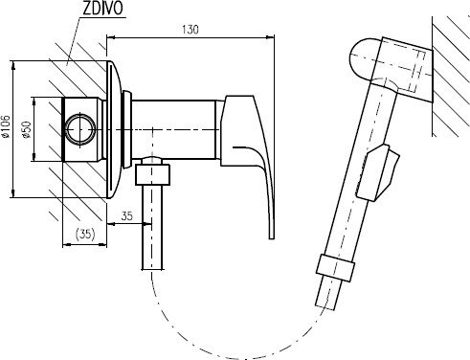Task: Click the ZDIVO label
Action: pyautogui.click(x=102, y=9)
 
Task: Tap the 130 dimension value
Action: pyautogui.click(x=190, y=30)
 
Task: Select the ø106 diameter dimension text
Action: pyautogui.click(x=6, y=126)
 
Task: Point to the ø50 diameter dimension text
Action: pyautogui.click(x=27, y=129)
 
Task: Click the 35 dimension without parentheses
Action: pyautogui.click(x=126, y=216)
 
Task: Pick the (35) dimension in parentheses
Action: pyautogui.click(x=85, y=234)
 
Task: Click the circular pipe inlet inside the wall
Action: pyautogui.click(x=80, y=129)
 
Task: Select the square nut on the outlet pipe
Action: pyautogui.click(x=152, y=174)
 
